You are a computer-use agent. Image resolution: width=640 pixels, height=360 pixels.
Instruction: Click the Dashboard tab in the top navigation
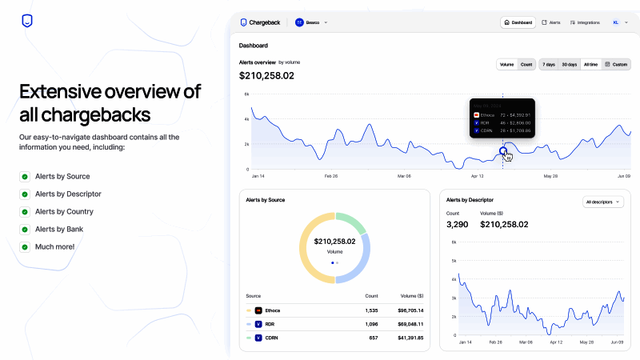pos(518,22)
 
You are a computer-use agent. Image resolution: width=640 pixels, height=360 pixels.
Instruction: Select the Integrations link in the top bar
pos(584,22)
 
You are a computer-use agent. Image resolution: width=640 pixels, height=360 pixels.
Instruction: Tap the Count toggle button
pos(526,64)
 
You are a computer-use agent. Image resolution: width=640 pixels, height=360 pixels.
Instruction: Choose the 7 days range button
pos(549,64)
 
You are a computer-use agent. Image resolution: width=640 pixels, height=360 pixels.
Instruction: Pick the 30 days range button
pos(569,64)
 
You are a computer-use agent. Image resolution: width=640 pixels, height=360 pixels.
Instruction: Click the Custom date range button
pos(616,64)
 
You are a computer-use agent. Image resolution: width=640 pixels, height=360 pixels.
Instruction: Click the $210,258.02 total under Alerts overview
pos(266,76)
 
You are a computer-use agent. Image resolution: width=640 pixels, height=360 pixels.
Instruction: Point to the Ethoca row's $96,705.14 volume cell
pos(410,310)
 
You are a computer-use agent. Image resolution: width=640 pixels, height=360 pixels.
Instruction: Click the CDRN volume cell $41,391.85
pos(410,338)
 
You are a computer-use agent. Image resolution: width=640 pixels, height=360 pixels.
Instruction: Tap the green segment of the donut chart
pos(350,221)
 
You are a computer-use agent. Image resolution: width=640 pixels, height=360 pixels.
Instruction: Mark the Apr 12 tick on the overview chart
pos(478,175)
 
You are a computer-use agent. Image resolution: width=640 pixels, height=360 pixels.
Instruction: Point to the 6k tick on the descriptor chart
pos(454,242)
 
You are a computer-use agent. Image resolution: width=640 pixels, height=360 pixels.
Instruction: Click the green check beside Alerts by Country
pos(25,212)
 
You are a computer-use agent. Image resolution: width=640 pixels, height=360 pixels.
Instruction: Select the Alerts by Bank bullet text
pos(58,230)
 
